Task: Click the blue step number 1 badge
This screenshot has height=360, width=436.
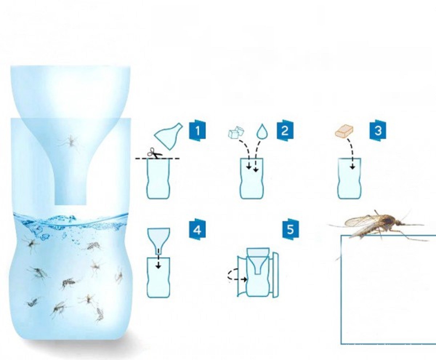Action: [197, 131]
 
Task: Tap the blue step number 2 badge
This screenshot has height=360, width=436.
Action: [285, 131]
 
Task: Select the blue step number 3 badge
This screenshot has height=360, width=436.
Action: [378, 131]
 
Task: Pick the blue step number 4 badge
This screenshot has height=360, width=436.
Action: [197, 229]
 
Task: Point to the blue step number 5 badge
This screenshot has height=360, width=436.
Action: [290, 229]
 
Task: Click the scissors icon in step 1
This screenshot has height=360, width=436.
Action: [155, 152]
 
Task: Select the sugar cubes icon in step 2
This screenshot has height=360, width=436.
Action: [237, 132]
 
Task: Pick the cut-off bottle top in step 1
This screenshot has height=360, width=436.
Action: [169, 136]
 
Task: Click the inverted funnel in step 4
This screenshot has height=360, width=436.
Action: [159, 241]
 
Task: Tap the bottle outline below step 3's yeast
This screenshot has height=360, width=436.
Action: [349, 178]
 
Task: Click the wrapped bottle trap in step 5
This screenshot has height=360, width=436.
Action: [258, 272]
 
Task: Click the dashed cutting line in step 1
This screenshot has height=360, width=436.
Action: [157, 159]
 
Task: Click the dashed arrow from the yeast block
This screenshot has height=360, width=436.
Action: [351, 154]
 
